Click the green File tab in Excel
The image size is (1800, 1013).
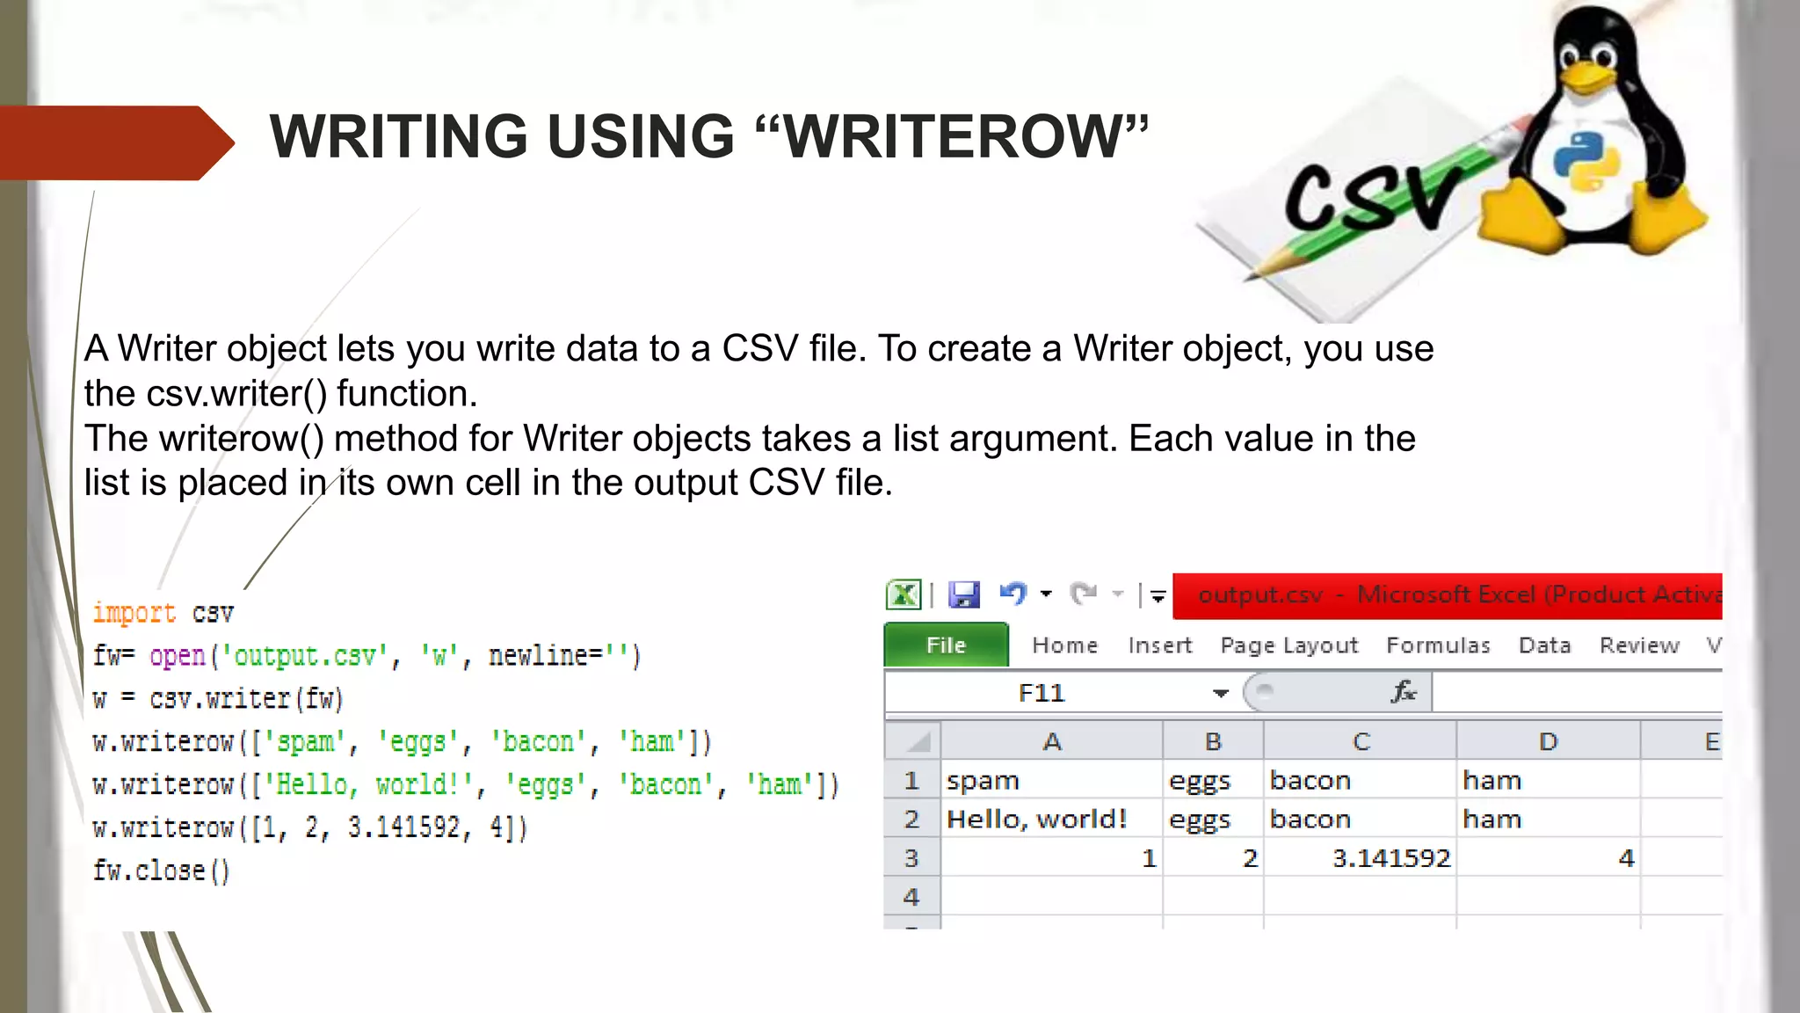[946, 645]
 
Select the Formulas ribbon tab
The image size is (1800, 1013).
[1438, 645]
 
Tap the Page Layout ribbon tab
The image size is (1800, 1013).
[1288, 645]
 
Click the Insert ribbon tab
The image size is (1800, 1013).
[1159, 645]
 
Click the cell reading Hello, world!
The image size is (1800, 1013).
[1036, 819]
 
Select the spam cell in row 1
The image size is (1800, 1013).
[983, 780]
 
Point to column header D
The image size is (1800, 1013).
[1548, 741]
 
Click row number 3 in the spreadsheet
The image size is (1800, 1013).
[911, 857]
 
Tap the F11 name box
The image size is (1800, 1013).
[1042, 693]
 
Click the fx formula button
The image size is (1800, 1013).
[1404, 692]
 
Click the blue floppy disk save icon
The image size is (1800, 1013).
[964, 595]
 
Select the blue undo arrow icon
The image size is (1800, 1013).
[1012, 594]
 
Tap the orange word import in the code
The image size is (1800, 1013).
[134, 613]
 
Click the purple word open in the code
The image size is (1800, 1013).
[178, 656]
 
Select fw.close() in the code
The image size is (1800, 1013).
[161, 871]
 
